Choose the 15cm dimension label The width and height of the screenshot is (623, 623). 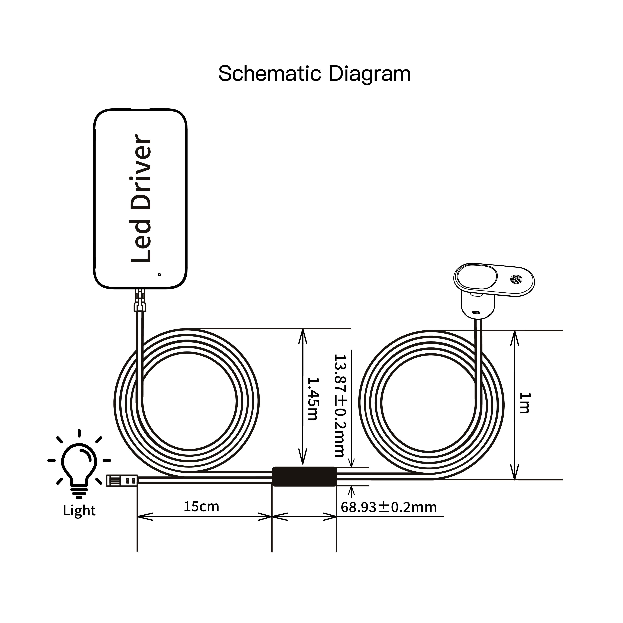point(201,506)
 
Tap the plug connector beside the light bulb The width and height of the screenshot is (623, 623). point(122,480)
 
